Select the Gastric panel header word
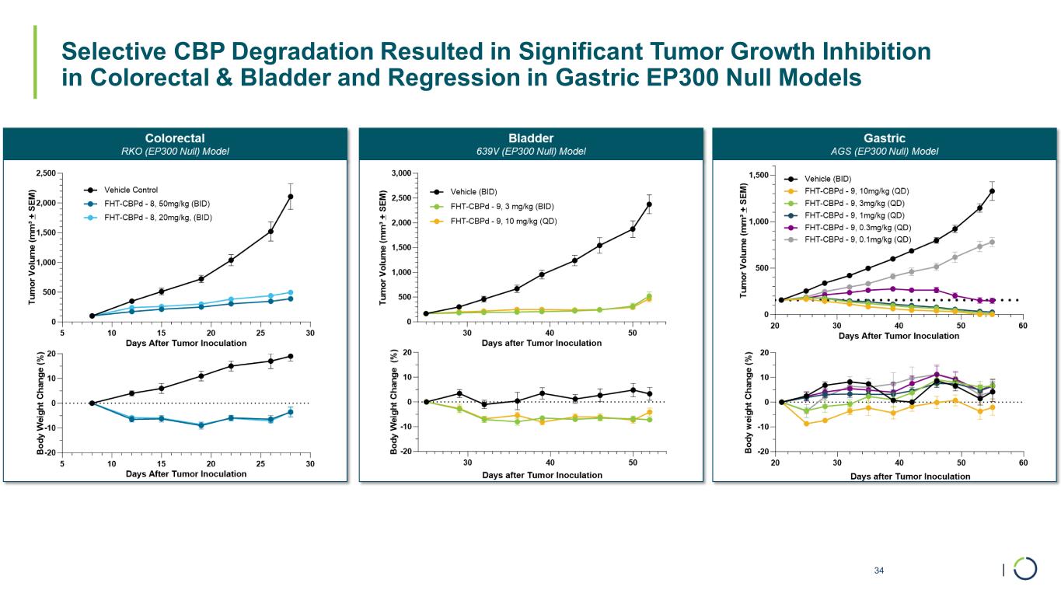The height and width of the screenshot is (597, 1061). (885, 138)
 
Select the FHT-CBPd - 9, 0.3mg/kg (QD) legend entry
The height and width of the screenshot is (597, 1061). (857, 228)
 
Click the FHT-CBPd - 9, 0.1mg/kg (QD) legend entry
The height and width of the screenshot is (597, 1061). (857, 240)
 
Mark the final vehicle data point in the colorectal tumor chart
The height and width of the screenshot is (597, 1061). (291, 197)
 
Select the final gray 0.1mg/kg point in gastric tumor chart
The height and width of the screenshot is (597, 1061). (992, 242)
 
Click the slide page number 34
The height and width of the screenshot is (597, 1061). (879, 571)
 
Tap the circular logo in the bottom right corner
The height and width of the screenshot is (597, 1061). (1024, 568)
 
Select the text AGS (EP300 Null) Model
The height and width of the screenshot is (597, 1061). (885, 151)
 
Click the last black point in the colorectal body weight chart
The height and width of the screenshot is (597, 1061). (291, 356)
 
